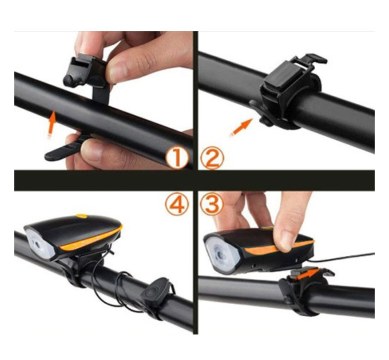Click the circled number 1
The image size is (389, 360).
(177, 157)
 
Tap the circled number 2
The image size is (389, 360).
(212, 158)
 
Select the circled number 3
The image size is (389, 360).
(212, 203)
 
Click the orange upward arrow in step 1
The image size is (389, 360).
(51, 124)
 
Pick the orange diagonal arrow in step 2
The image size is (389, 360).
(241, 127)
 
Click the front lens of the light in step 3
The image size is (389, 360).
(221, 254)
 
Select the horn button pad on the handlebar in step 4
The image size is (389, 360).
(156, 291)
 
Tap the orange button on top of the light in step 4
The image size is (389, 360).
(82, 216)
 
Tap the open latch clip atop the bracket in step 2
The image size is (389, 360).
(309, 61)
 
